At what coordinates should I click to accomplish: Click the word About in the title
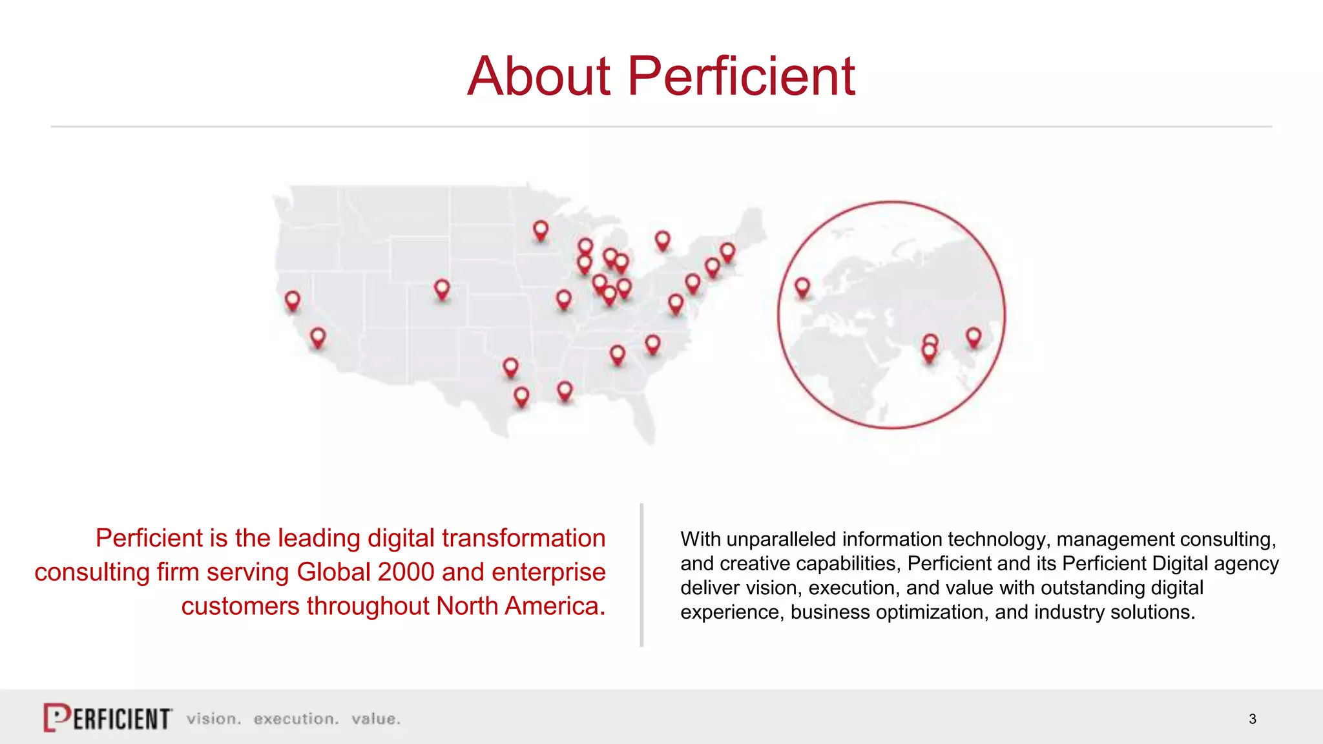click(x=538, y=76)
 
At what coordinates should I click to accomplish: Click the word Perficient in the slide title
click(x=741, y=76)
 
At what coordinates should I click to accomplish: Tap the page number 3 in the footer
click(x=1252, y=719)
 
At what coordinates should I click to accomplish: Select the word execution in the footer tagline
click(x=296, y=719)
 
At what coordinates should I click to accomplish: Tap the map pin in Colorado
click(x=442, y=288)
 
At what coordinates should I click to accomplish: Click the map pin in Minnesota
click(x=541, y=229)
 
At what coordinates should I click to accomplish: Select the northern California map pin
click(x=293, y=300)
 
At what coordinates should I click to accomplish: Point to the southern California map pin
click(x=318, y=336)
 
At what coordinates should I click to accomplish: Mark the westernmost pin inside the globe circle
click(x=802, y=286)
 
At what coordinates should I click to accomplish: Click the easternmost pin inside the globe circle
click(x=974, y=336)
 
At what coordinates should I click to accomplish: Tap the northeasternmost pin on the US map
click(x=727, y=251)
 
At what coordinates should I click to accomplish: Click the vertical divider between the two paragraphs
click(x=641, y=575)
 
